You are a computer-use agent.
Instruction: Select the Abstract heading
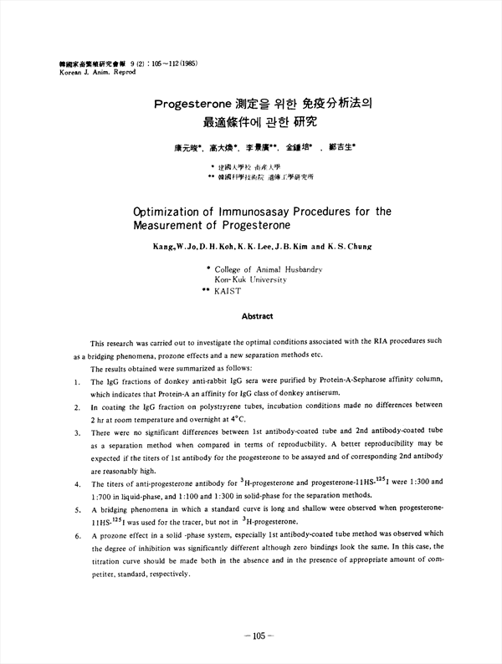click(x=256, y=316)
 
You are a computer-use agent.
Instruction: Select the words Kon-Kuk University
click(x=251, y=280)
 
